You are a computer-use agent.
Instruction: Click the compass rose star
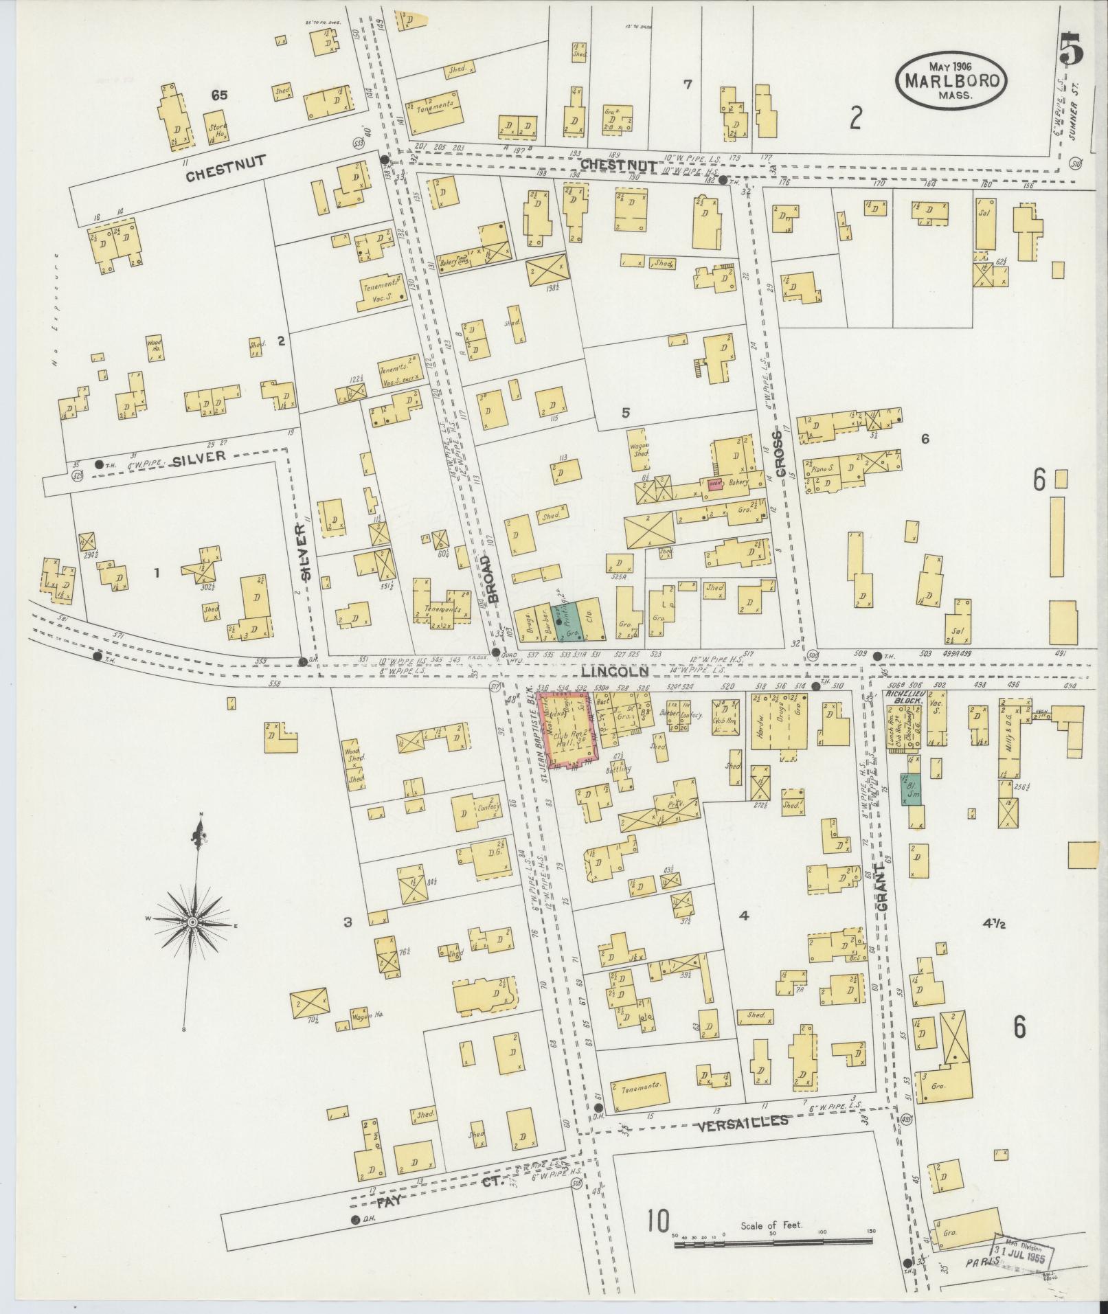(x=193, y=921)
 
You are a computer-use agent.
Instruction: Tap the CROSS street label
(x=778, y=454)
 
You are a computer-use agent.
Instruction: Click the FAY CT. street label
(x=433, y=1186)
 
